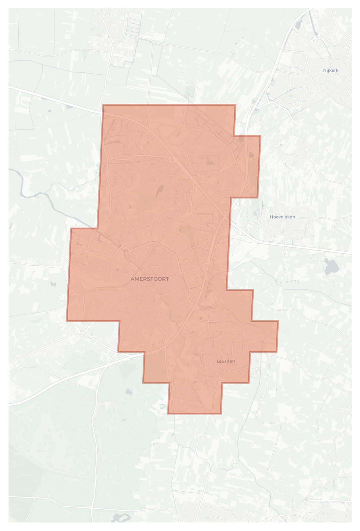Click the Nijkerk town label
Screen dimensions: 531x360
click(x=331, y=70)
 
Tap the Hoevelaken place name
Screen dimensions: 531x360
click(x=282, y=217)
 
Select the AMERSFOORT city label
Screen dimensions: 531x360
click(x=149, y=279)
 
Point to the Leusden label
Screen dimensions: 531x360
click(x=226, y=361)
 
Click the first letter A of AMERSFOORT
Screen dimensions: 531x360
click(x=133, y=279)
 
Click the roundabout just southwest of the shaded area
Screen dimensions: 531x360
click(x=85, y=332)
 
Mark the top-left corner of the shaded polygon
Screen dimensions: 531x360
click(x=103, y=105)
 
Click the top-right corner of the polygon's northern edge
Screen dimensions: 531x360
click(x=235, y=105)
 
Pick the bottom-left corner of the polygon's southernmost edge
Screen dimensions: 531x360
click(x=168, y=413)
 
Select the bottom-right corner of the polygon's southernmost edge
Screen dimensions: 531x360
click(x=221, y=413)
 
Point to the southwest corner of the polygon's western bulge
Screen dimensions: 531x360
click(x=67, y=321)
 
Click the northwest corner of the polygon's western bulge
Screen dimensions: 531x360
click(x=71, y=229)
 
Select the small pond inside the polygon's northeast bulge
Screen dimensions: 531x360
click(x=251, y=155)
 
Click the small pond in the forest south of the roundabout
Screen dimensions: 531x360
click(x=129, y=391)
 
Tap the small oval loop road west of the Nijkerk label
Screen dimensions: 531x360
click(x=289, y=100)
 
